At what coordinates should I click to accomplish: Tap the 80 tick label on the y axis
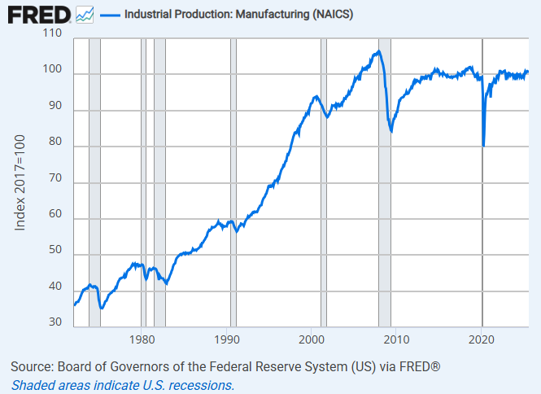54,147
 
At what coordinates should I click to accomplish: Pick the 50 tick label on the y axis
54,255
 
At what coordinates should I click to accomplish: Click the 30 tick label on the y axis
54,322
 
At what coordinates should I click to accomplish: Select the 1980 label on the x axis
142,339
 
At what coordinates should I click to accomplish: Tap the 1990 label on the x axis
228,339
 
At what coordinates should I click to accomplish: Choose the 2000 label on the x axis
312,339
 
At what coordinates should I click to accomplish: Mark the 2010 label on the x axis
398,339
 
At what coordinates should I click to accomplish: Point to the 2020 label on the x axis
482,339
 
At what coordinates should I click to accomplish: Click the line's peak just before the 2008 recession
377,51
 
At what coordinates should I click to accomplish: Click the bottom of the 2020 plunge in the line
484,146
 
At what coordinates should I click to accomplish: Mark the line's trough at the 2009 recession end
391,131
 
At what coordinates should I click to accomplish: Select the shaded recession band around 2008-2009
385,204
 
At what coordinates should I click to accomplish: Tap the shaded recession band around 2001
324,204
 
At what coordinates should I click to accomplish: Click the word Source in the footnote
31,367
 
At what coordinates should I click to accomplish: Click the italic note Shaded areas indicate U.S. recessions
123,385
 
